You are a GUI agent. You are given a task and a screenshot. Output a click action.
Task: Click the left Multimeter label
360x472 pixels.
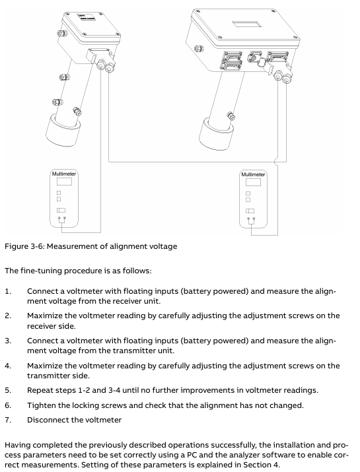click(64, 174)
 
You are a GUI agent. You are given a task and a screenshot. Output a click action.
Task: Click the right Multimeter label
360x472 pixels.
click(253, 174)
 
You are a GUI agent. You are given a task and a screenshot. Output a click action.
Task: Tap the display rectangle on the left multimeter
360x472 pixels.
click(64, 182)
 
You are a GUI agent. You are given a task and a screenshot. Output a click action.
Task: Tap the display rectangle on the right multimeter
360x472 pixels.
click(253, 182)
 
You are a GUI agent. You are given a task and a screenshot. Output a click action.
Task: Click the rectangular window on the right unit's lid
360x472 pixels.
click(244, 24)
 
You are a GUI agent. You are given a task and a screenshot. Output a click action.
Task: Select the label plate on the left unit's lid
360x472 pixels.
click(87, 17)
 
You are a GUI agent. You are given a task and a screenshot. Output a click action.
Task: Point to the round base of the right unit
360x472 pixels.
click(216, 133)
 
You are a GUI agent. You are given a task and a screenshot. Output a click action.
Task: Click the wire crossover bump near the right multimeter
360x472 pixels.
click(276, 162)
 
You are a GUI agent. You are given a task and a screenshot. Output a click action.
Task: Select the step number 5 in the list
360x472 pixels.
click(7, 390)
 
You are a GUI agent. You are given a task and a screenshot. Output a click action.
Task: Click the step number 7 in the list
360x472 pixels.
click(7, 420)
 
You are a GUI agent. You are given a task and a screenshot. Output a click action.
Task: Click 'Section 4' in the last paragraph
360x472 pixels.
click(261, 465)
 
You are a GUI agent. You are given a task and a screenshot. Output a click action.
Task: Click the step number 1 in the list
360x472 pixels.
click(7, 291)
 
